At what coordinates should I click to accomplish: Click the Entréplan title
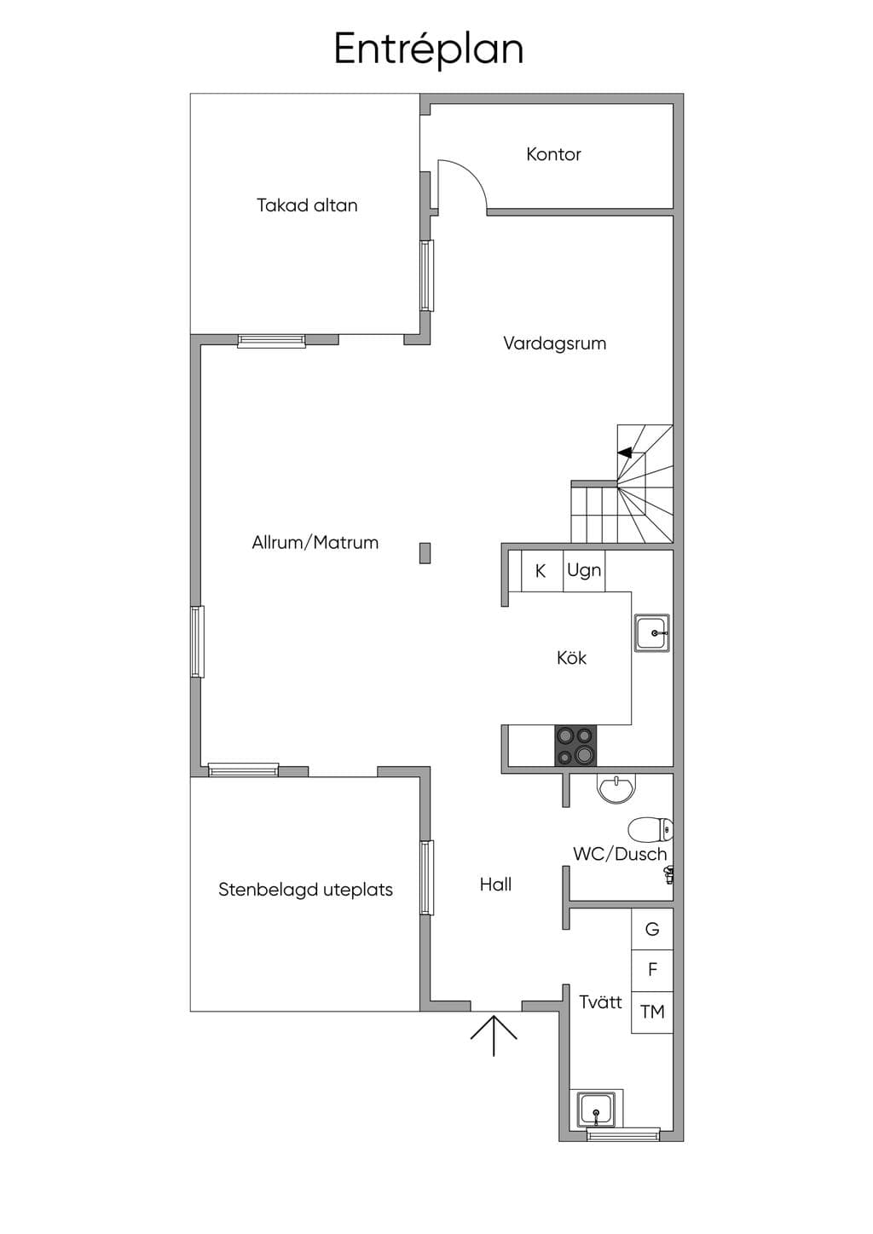click(428, 50)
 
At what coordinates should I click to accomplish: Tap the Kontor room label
click(553, 154)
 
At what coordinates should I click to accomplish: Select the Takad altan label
click(307, 205)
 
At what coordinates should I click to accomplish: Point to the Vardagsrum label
click(554, 343)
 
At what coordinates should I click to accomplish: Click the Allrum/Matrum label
click(315, 543)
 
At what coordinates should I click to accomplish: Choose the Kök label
click(571, 657)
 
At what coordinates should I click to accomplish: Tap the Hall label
click(495, 885)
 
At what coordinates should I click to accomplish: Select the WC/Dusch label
click(620, 854)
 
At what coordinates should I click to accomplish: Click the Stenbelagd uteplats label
click(305, 890)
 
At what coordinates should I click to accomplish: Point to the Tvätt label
click(600, 1001)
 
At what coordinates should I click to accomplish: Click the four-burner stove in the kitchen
click(575, 746)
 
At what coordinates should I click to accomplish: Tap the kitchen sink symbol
click(652, 633)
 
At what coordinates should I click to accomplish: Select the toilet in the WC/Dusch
click(650, 830)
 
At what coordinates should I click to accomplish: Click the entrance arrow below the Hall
click(494, 1035)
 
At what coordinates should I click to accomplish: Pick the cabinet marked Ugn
click(584, 571)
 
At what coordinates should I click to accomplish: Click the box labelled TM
click(652, 1012)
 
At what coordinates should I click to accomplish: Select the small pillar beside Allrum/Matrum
click(425, 553)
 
